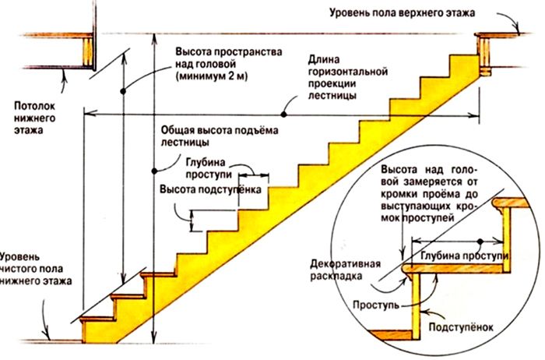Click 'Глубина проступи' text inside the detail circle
coord(462,256)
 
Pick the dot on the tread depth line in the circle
coord(480,239)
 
